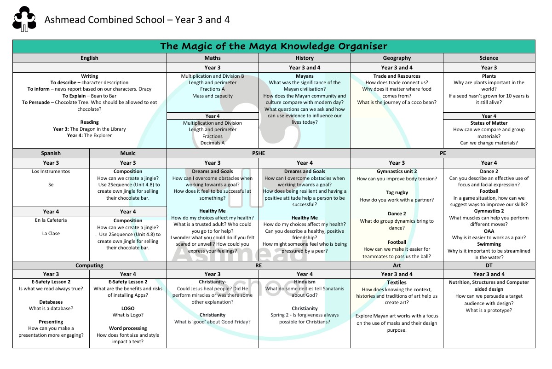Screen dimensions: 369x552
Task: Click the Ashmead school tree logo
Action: pos(24,20)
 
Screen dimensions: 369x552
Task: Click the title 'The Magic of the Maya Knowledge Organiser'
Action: pos(273,46)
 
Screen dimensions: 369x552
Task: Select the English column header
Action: pos(89,58)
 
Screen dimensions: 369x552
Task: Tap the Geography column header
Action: pos(397,58)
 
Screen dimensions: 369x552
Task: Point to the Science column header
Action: pos(489,58)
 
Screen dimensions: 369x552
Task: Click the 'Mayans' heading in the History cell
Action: pos(305,76)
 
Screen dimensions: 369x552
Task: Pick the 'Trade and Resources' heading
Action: pos(397,76)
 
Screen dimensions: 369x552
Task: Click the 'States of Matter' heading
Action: pos(489,123)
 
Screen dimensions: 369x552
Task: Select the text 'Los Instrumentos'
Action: pos(51,172)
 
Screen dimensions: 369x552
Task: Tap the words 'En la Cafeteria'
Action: pos(51,220)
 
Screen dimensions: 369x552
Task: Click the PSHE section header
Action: pos(259,153)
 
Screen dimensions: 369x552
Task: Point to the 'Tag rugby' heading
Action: pos(397,193)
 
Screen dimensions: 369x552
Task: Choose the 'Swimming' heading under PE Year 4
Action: pos(489,244)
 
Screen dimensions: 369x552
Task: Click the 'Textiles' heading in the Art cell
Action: pos(397,283)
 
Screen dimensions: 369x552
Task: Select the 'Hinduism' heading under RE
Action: pos(305,282)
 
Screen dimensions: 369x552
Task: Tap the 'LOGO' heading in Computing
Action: pos(128,308)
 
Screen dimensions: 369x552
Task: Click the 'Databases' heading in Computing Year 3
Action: pos(51,302)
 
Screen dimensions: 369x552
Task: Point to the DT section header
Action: pos(489,265)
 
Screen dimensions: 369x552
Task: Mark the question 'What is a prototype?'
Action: pos(489,311)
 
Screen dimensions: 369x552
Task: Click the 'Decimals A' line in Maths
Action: pos(213,143)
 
